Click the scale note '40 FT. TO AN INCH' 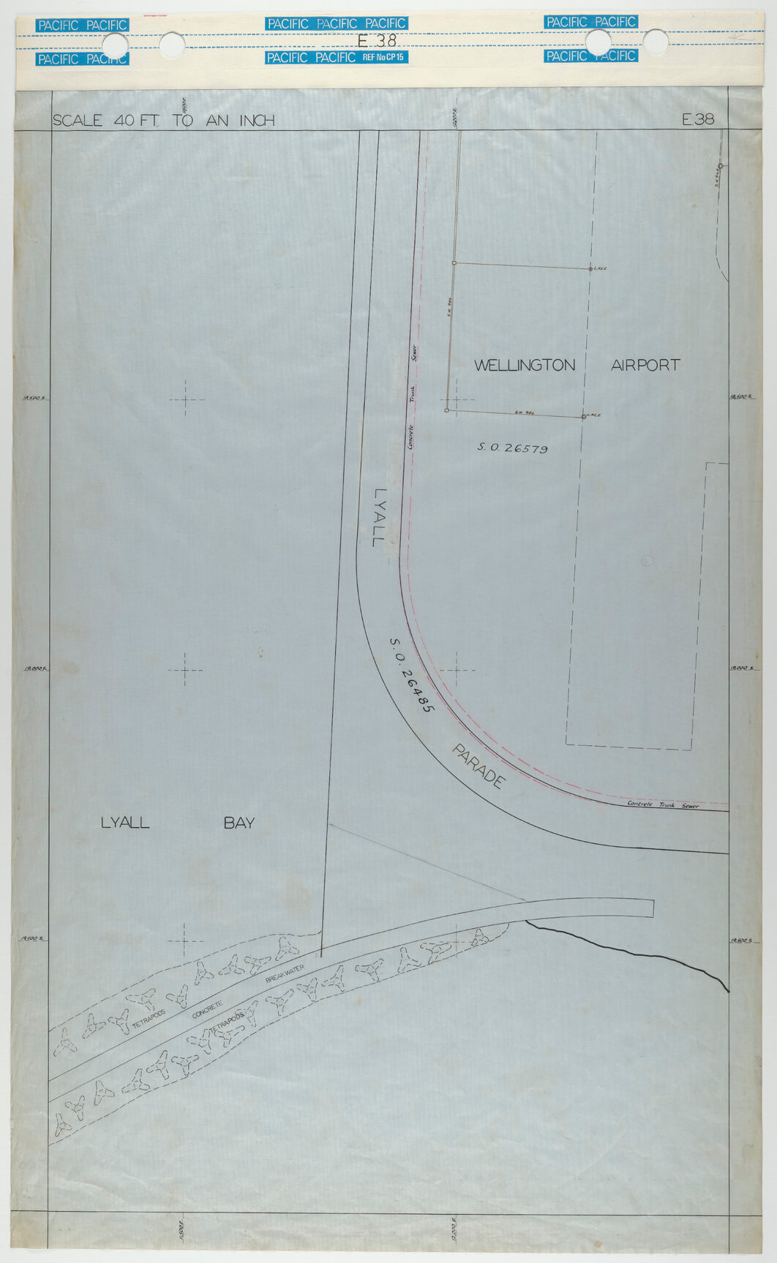[194, 121]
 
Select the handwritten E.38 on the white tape [377, 41]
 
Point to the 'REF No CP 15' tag [384, 56]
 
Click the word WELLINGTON [525, 365]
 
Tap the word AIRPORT [645, 365]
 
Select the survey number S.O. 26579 [512, 448]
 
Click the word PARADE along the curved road [478, 766]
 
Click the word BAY [239, 823]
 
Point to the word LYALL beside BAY [124, 823]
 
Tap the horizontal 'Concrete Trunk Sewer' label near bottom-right [663, 805]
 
